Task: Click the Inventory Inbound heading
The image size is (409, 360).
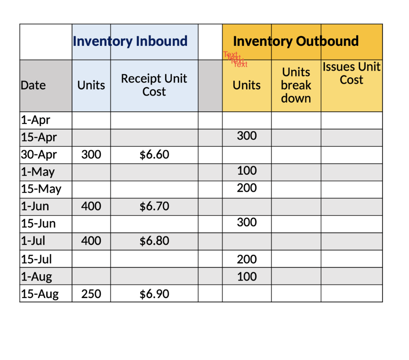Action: pos(130,41)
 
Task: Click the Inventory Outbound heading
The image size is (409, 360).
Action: pos(296,41)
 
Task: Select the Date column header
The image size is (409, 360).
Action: pos(33,85)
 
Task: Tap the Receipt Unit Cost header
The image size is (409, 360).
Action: pos(154,85)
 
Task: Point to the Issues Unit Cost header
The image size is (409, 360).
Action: pos(351,73)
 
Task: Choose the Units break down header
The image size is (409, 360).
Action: pos(296,85)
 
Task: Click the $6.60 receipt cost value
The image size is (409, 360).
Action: pos(154,154)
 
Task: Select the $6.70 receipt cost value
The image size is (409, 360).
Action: pos(154,206)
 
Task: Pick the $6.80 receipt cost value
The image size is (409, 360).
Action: pos(154,241)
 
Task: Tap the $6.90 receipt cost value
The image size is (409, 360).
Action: pos(154,294)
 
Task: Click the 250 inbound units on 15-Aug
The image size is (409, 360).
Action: pos(91,294)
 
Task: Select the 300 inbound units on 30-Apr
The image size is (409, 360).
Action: pos(91,154)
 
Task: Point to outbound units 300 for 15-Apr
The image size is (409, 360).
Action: pos(247,136)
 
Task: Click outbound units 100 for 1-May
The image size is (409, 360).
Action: pos(247,171)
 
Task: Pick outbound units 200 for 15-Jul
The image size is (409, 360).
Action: pos(247,259)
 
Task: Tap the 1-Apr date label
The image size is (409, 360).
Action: pos(36,120)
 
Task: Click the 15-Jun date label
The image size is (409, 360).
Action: pos(38,224)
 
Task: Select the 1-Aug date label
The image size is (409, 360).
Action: pos(36,277)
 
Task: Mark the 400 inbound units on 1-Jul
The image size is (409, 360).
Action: pos(91,241)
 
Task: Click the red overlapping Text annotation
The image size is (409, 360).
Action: pos(236,59)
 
